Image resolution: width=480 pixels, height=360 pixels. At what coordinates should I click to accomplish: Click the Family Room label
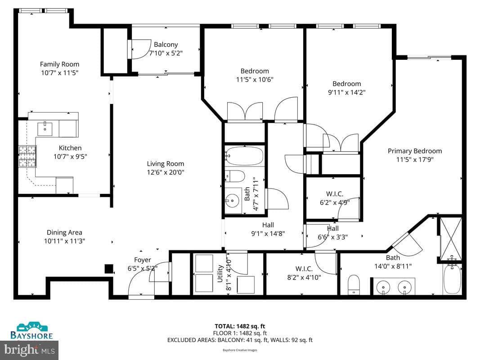coord(60,64)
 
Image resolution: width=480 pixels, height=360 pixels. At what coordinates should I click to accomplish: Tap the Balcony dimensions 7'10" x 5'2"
coord(166,53)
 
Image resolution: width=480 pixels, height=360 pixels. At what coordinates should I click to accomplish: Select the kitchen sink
coord(45,129)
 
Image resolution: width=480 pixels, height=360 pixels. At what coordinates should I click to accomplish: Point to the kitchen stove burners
coord(27,157)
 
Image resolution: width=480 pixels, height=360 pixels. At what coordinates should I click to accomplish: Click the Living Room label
coord(165,164)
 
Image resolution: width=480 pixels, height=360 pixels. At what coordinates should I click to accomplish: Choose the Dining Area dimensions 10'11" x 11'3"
coord(64,241)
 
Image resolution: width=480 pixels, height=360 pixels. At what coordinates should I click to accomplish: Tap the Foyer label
coord(142,260)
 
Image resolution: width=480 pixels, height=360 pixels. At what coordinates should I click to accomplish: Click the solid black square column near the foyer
coord(109,269)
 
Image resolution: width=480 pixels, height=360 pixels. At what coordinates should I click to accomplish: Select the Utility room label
coord(220,274)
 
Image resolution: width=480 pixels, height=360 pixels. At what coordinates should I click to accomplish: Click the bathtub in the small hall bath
coord(244,156)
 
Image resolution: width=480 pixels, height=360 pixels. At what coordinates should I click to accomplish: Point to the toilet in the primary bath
coord(354,284)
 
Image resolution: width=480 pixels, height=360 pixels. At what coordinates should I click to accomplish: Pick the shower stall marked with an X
coord(450,238)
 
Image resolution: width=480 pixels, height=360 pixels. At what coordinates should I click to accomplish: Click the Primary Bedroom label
coord(415,151)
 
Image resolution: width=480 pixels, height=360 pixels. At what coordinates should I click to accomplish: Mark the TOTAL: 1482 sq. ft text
coord(240,326)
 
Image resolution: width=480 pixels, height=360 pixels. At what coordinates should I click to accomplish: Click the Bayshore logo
coord(31,331)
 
